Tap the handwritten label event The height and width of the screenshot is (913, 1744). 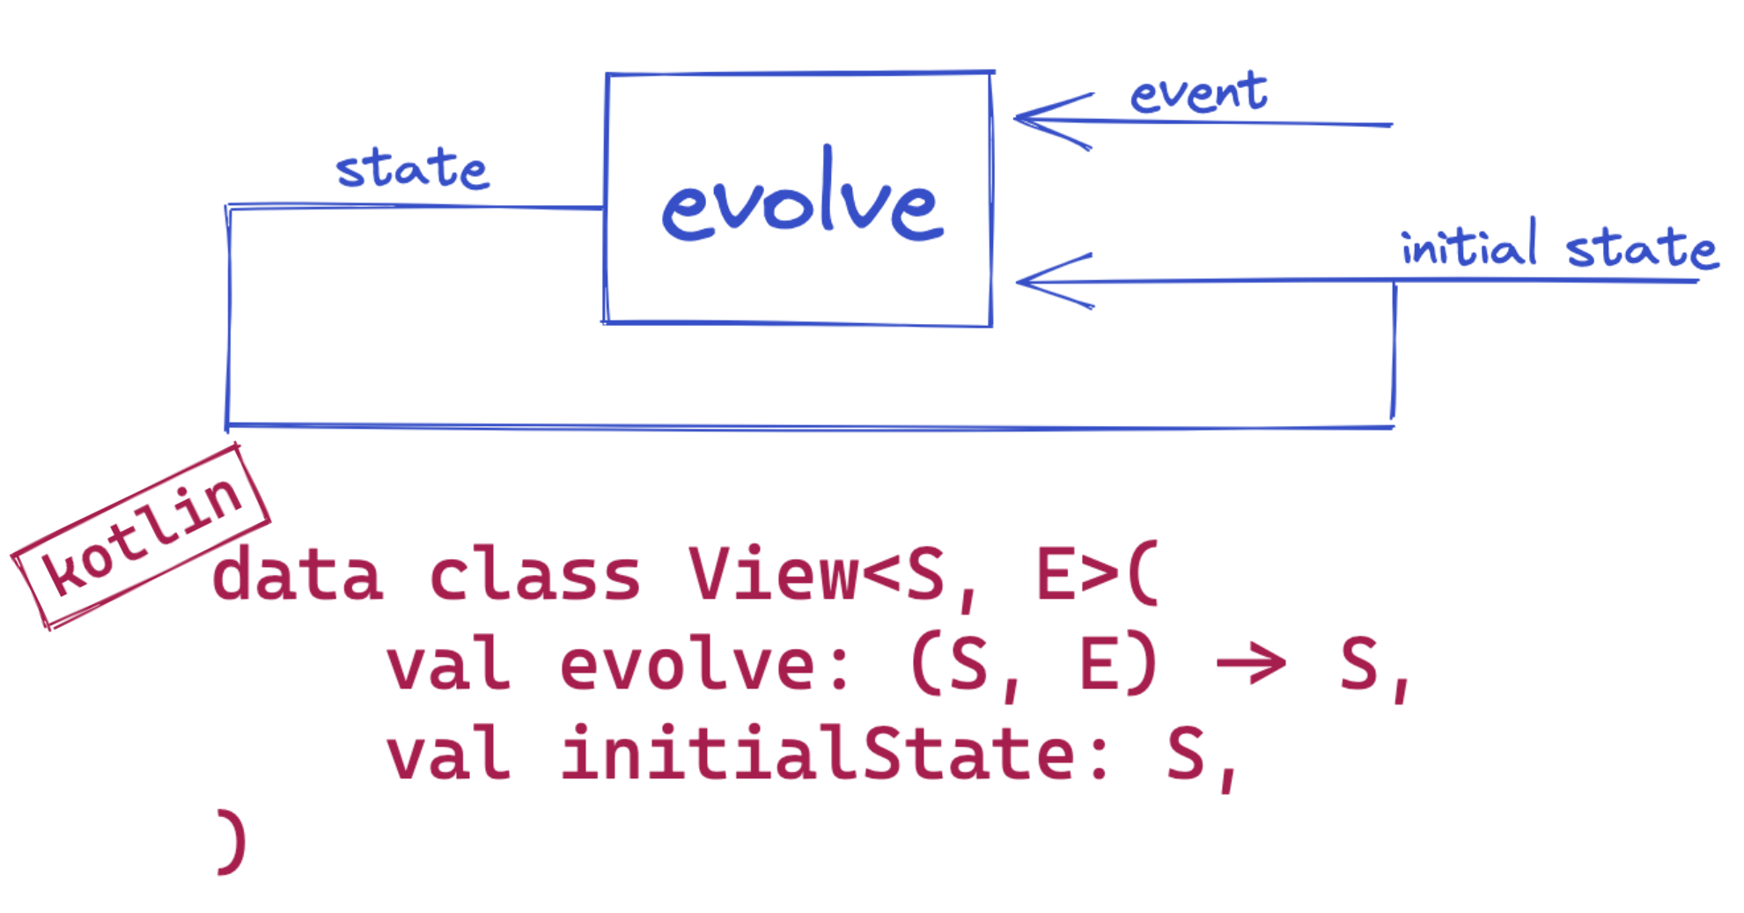pyautogui.click(x=1199, y=93)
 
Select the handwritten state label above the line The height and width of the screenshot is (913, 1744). pyautogui.click(x=412, y=168)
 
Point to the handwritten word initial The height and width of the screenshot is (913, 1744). pyautogui.click(x=1469, y=244)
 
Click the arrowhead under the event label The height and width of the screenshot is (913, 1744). pyautogui.click(x=1053, y=121)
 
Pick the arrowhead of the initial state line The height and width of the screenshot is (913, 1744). pyautogui.click(x=1055, y=282)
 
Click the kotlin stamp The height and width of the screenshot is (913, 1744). pyautogui.click(x=141, y=537)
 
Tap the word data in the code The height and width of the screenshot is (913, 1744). pyautogui.click(x=298, y=574)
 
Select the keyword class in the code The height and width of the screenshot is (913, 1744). pyautogui.click(x=534, y=574)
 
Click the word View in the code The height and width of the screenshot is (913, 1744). pyautogui.click(x=772, y=574)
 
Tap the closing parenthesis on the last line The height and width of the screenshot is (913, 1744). pyautogui.click(x=232, y=843)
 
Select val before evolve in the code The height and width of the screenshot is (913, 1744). pyautogui.click(x=449, y=664)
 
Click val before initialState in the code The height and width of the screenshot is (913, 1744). pyautogui.click(x=449, y=753)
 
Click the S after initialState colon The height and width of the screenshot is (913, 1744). pyautogui.click(x=1185, y=754)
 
